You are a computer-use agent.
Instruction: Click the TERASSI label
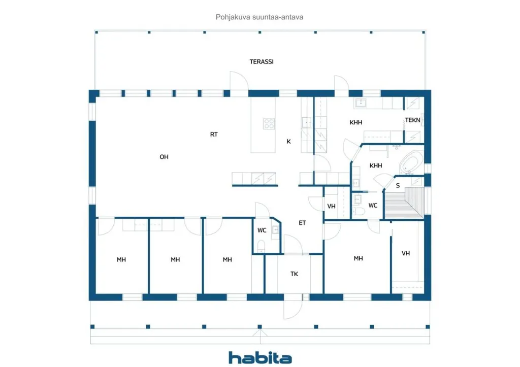[262, 61]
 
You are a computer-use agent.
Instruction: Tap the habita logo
[261, 357]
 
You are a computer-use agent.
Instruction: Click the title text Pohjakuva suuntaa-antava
[259, 17]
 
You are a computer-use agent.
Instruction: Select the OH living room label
[164, 157]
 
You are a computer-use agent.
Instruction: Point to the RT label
[214, 135]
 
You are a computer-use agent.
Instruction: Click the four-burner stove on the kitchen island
[269, 124]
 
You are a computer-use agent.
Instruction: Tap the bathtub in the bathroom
[411, 163]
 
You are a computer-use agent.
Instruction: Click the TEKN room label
[412, 120]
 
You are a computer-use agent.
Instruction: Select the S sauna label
[398, 186]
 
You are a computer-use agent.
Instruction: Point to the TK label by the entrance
[294, 274]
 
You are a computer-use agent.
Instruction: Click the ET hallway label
[302, 223]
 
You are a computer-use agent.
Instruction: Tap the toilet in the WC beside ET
[261, 246]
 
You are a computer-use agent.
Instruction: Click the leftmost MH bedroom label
[121, 259]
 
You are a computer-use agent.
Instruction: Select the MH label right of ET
[358, 258]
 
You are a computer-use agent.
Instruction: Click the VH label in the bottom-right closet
[406, 253]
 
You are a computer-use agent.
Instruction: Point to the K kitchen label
[288, 142]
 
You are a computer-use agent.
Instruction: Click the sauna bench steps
[404, 203]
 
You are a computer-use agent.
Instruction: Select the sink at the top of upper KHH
[360, 103]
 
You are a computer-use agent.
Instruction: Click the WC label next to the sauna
[373, 206]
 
